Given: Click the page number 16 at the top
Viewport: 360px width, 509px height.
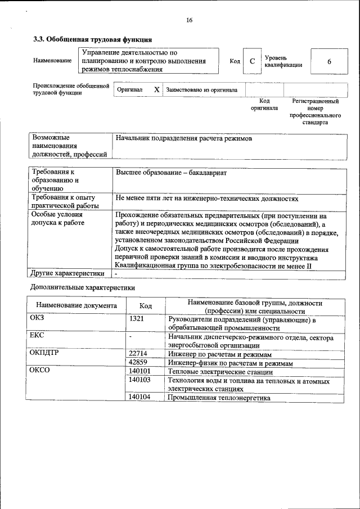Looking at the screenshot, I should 189,20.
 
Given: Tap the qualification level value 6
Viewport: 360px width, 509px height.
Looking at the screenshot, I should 329,61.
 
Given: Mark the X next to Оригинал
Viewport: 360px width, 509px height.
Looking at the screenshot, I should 157,90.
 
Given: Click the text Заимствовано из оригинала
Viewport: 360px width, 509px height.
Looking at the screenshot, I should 201,90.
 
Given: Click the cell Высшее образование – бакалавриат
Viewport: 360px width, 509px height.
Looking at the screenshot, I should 171,173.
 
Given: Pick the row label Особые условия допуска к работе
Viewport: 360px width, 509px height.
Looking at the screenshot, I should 58,219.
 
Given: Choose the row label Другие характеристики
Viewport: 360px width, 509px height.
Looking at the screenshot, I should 67,274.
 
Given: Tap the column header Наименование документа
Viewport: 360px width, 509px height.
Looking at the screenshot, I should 76,306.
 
